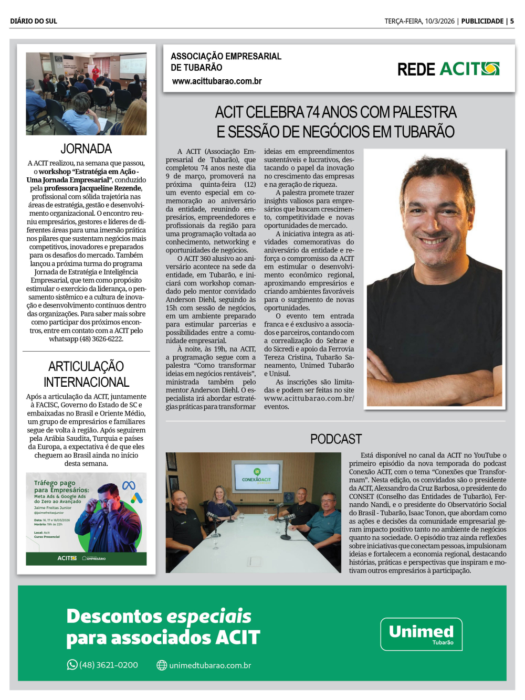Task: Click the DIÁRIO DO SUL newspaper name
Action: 33,21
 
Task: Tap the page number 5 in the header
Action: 512,21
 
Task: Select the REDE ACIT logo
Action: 448,69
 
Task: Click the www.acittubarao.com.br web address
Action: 217,81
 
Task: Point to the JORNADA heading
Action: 86,149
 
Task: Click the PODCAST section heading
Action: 336,439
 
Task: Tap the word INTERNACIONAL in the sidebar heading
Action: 86,382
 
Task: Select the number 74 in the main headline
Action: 313,112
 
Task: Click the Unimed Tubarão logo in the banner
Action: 421,634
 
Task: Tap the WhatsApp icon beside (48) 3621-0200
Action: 72,665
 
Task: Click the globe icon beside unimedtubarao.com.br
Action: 162,665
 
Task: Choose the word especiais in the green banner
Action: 209,616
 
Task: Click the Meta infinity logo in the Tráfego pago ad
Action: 129,485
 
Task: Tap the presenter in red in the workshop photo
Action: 96,73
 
